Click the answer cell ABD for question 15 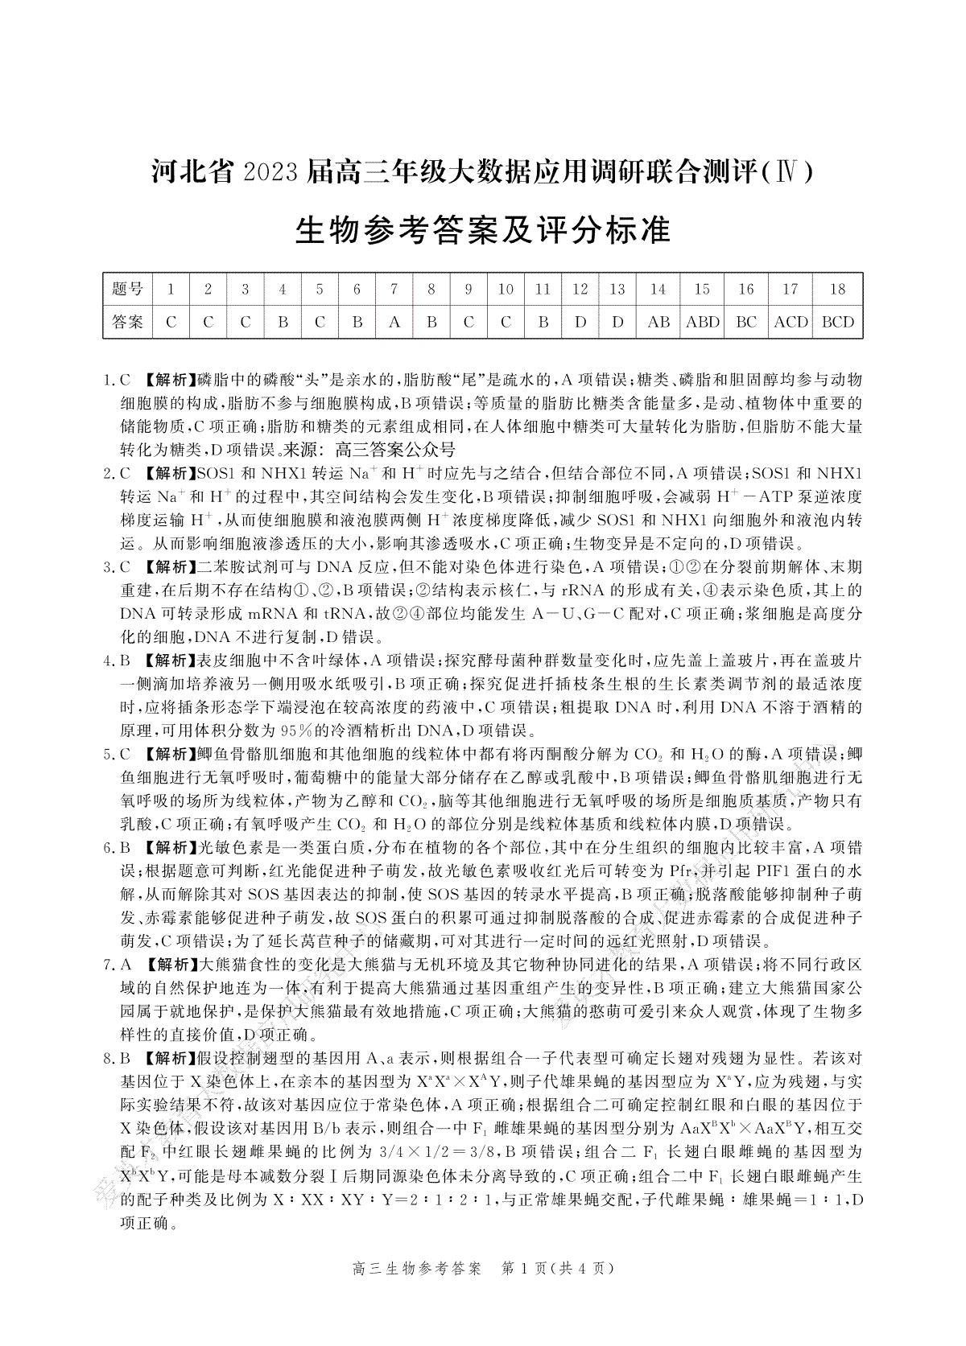coord(702,322)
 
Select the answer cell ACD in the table coord(791,322)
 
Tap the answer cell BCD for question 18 coord(837,322)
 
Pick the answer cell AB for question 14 coord(658,322)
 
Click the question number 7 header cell coord(394,289)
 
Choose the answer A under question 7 coord(394,322)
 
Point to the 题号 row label coord(127,289)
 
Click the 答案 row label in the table coord(127,322)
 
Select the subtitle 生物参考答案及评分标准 coord(483,230)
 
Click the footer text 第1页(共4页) coord(558,1269)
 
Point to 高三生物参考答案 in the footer coord(417,1269)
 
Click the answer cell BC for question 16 coord(746,322)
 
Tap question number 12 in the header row coord(580,289)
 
